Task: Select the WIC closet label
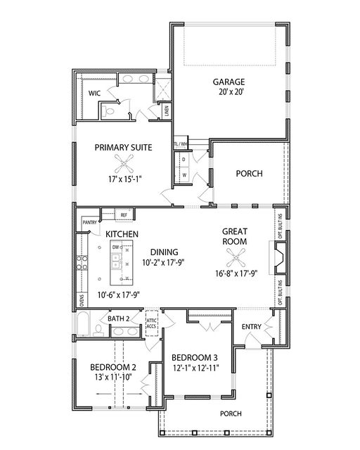(94, 92)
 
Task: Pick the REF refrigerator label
(123, 214)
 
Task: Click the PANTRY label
(89, 222)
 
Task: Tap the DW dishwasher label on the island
(114, 247)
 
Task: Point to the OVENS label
(82, 300)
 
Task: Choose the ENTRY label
(252, 328)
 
